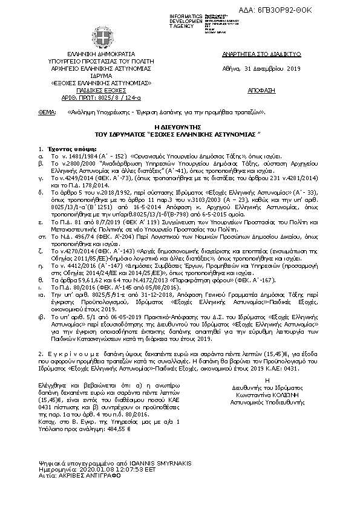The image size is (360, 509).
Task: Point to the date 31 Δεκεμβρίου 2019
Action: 275,68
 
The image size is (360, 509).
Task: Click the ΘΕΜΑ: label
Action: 47,112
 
